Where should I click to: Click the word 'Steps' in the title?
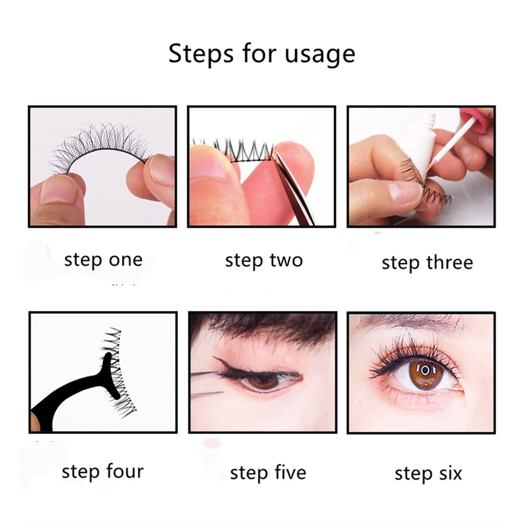(x=197, y=54)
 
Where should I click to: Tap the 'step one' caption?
(x=103, y=260)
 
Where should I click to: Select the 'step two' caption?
(x=264, y=260)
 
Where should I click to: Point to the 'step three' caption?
(x=426, y=262)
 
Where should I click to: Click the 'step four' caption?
(x=102, y=471)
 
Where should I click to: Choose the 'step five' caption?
(x=268, y=472)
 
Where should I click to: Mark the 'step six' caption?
(x=428, y=473)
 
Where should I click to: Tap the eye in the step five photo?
(x=264, y=380)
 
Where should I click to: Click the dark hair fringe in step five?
(x=262, y=330)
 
